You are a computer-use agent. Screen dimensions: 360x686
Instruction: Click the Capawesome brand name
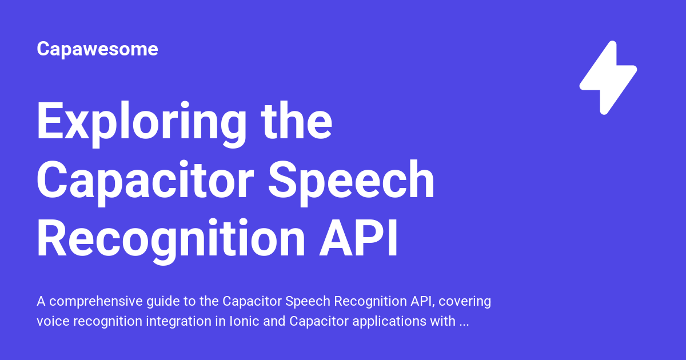coord(97,49)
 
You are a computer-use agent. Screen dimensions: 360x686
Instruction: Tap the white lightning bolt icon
coord(608,77)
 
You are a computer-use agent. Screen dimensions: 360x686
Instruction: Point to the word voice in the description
coord(50,321)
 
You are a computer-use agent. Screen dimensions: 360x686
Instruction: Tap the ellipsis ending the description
coord(465,322)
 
